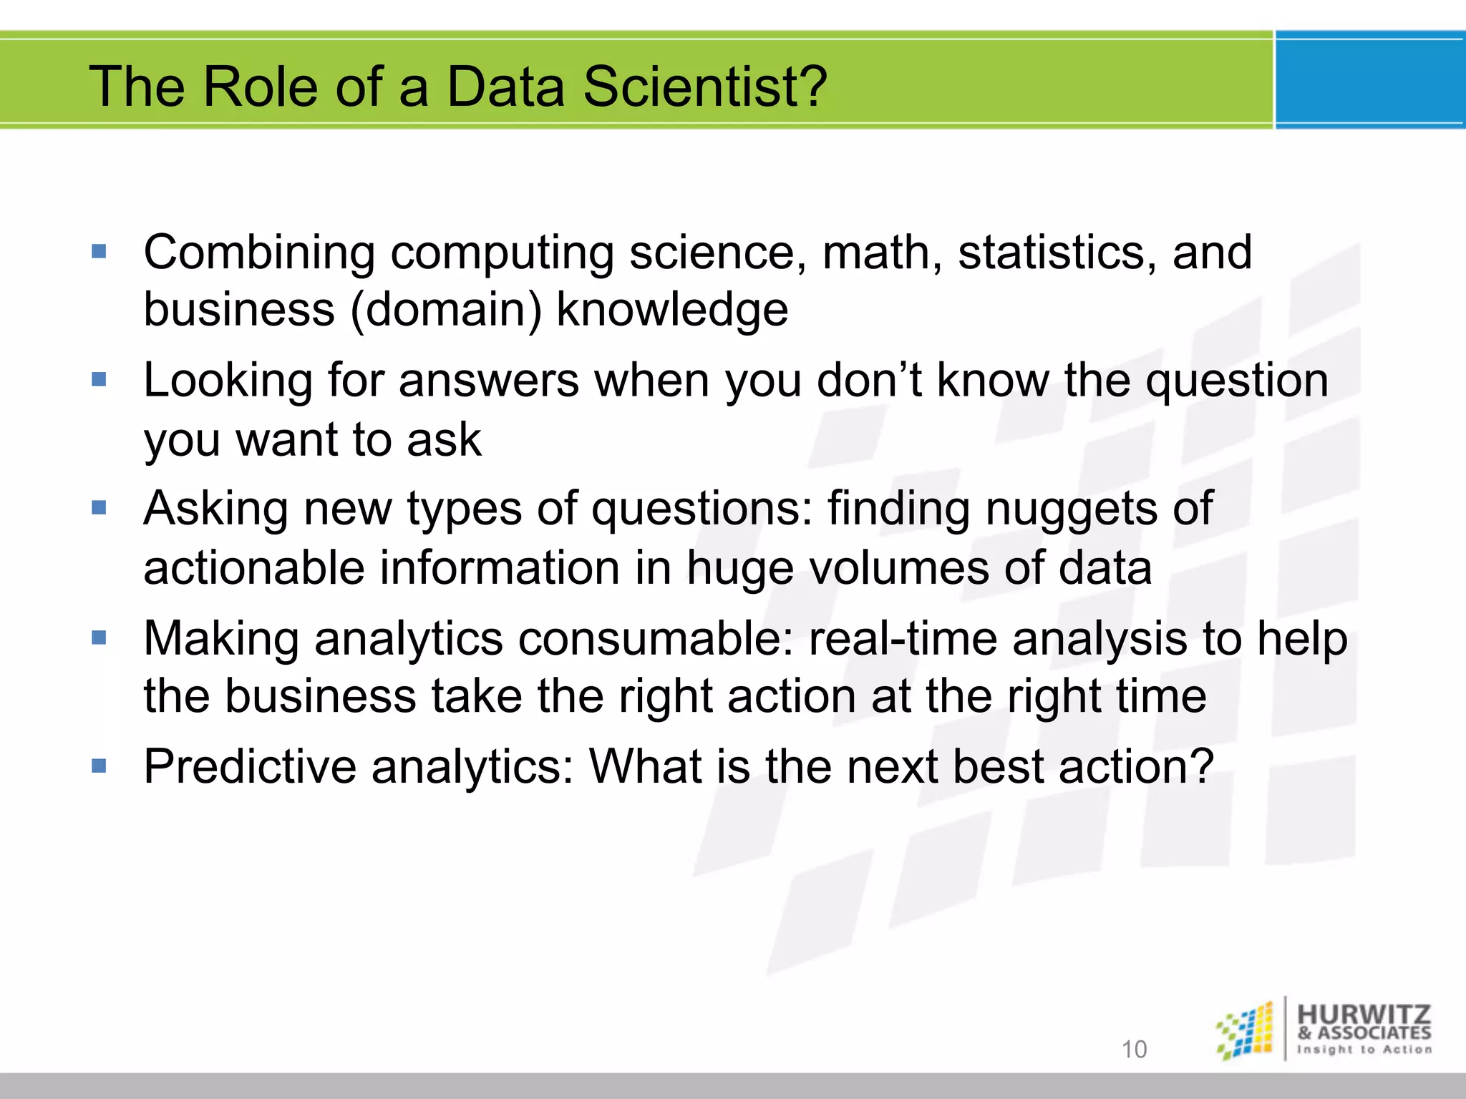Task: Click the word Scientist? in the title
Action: (705, 87)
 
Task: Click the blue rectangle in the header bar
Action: (1369, 80)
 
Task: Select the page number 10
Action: (1134, 1049)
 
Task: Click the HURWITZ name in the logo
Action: (1364, 1015)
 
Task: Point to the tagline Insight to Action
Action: (1364, 1050)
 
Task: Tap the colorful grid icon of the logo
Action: (1246, 1030)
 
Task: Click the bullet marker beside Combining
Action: (99, 252)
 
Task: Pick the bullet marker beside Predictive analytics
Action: (99, 766)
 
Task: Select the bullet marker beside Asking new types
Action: (99, 508)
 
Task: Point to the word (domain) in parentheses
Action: (445, 310)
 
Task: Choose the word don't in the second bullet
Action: (869, 380)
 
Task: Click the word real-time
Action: (903, 638)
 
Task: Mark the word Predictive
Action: (250, 766)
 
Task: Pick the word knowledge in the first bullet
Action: (672, 310)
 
